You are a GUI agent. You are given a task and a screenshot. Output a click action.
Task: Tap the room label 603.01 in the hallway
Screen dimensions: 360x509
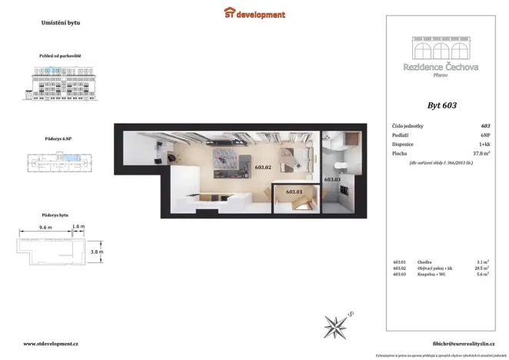(294, 191)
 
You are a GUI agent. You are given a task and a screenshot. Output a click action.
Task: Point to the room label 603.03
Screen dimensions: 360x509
(332, 179)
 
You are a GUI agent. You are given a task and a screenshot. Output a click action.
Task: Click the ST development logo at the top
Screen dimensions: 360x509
(254, 14)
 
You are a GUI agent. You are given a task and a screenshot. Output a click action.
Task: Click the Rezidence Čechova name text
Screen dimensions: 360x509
(441, 67)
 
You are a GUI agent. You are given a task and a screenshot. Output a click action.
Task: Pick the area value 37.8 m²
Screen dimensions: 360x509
(482, 154)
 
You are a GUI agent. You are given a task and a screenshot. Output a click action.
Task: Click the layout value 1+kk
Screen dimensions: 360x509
(484, 144)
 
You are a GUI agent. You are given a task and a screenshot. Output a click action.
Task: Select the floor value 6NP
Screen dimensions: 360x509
(485, 135)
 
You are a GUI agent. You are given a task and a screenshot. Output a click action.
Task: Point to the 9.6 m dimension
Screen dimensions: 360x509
(45, 228)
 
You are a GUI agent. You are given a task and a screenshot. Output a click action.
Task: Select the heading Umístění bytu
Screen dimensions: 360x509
(60, 23)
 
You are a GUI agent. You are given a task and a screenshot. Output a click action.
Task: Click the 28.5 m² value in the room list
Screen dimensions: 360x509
(482, 268)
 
